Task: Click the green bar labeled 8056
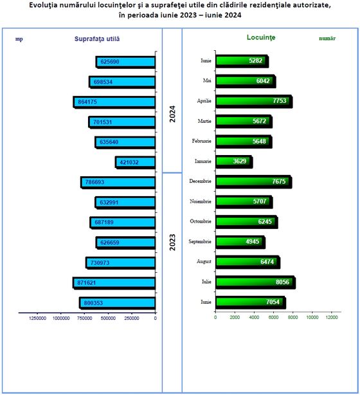point(255,282)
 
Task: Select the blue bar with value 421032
point(135,163)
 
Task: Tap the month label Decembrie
point(200,181)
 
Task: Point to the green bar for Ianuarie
point(234,161)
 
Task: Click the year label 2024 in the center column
point(172,114)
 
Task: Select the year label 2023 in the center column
point(172,242)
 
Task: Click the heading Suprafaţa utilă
point(97,39)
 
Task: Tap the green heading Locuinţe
point(261,37)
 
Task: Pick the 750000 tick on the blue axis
point(85,318)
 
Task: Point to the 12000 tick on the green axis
point(332,317)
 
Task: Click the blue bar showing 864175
point(114,102)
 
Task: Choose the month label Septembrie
point(200,242)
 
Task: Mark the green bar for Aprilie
point(254,101)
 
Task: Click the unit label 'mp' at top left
point(19,39)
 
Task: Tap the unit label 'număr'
point(327,39)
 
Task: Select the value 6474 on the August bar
point(267,262)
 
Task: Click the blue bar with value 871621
point(114,283)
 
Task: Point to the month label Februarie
point(201,141)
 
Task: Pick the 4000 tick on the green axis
point(254,317)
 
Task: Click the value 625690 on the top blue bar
point(110,62)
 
